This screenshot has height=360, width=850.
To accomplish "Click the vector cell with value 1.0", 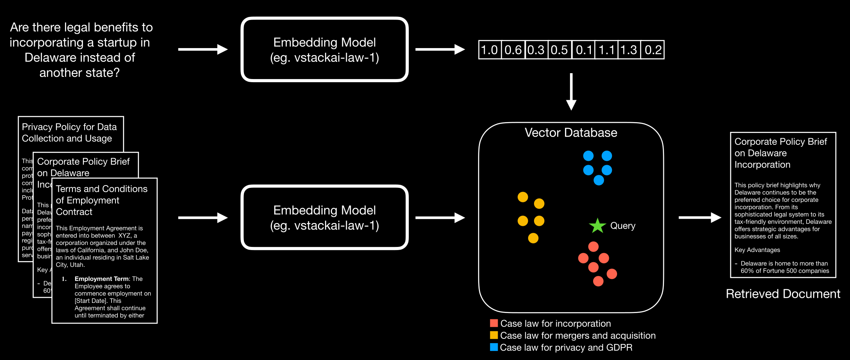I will (x=489, y=50).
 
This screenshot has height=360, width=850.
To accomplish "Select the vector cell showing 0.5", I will (x=559, y=50).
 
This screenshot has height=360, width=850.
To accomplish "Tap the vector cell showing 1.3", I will (x=629, y=50).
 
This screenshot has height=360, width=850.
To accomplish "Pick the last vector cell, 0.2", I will (x=653, y=50).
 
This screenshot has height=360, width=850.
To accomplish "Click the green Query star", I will (x=597, y=226).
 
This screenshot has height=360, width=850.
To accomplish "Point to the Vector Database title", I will (x=571, y=133).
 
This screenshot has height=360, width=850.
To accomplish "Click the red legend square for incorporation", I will (x=494, y=323).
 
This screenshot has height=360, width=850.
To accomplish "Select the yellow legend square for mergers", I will (x=494, y=335).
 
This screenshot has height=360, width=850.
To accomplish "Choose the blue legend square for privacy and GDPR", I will (x=494, y=347).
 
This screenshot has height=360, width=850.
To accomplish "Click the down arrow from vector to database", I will (x=571, y=92).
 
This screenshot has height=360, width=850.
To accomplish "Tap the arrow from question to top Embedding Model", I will (x=203, y=49).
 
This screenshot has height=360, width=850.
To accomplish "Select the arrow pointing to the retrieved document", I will (x=700, y=218).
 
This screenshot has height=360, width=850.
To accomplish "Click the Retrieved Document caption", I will (x=783, y=294).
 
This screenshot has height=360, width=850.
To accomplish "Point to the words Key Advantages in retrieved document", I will (x=757, y=250).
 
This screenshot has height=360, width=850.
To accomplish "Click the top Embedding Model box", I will (x=325, y=50).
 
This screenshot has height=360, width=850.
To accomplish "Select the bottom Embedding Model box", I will (x=325, y=218).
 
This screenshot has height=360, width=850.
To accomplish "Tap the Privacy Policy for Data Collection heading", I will (x=69, y=133).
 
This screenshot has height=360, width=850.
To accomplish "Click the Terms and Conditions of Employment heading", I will (x=102, y=200).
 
